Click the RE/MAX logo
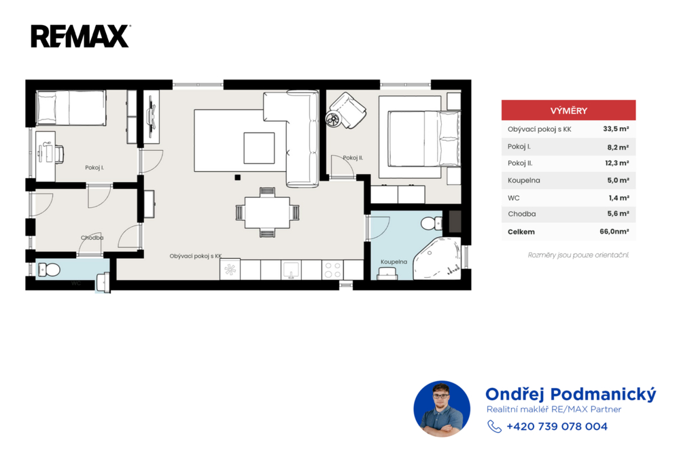(x=80, y=36)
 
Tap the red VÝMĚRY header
(x=568, y=110)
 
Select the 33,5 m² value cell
(x=616, y=129)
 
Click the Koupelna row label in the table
(x=524, y=181)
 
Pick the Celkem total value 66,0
(x=614, y=231)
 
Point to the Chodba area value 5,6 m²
(x=618, y=213)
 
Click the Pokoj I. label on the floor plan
(x=94, y=168)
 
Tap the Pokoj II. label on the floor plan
(x=353, y=158)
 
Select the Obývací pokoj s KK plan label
(x=196, y=256)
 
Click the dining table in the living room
(x=267, y=213)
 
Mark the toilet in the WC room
(x=49, y=270)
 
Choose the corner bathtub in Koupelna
(x=437, y=258)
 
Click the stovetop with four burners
(x=332, y=270)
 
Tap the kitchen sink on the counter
(x=291, y=270)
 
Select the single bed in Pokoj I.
(x=71, y=108)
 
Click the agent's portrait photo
(x=442, y=409)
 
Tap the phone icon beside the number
(x=494, y=427)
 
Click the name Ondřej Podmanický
(x=570, y=394)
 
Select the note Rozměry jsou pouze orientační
(x=578, y=255)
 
